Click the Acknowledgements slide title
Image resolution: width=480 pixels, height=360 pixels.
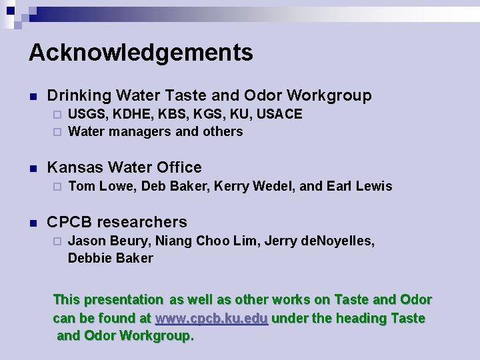click(x=141, y=53)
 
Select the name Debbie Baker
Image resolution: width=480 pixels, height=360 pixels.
click(x=111, y=258)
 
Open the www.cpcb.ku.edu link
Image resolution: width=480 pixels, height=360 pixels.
click(x=211, y=319)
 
